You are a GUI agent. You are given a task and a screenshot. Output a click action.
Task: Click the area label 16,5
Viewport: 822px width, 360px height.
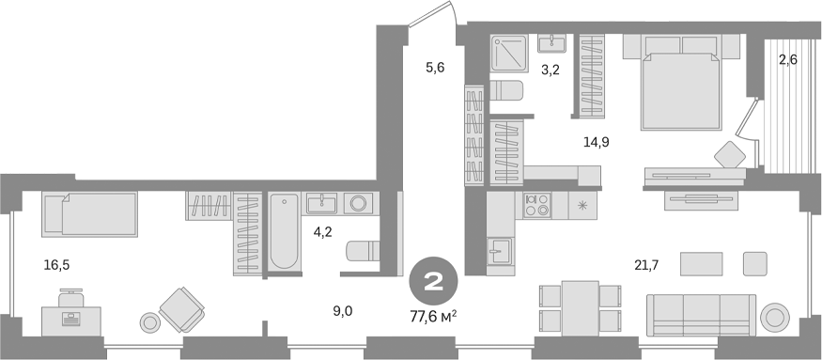[x=56, y=266]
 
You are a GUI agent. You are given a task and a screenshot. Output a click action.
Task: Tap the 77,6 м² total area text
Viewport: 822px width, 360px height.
[x=434, y=317]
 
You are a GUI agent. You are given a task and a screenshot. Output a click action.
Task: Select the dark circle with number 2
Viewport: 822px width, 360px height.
[x=434, y=280]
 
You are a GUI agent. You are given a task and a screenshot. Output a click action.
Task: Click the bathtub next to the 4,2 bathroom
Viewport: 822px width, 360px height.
[x=282, y=231]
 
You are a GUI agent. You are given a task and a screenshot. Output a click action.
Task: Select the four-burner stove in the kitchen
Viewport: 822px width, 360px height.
[x=537, y=205]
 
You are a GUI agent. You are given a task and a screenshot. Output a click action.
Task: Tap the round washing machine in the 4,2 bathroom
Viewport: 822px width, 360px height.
[x=358, y=203]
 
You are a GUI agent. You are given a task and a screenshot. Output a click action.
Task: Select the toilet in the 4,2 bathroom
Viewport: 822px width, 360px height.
[x=361, y=251]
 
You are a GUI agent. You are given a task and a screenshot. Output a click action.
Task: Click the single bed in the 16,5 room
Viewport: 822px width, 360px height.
[x=90, y=214]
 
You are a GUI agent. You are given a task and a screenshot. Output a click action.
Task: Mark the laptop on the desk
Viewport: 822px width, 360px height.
[x=71, y=319]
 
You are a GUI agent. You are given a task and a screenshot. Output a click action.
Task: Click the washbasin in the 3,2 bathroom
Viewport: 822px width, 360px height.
[x=551, y=42]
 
